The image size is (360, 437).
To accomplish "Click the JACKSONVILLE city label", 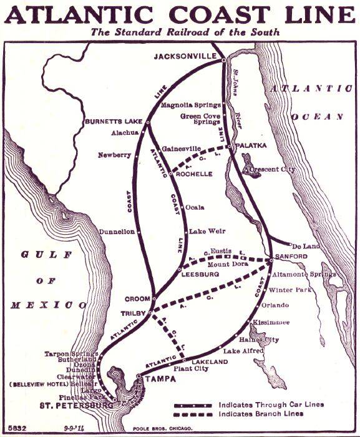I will [x=186, y=57].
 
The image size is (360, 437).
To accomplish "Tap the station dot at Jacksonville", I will [x=222, y=59].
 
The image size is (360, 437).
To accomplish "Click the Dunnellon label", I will [x=117, y=231].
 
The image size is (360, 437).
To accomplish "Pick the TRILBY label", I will [x=134, y=313].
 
